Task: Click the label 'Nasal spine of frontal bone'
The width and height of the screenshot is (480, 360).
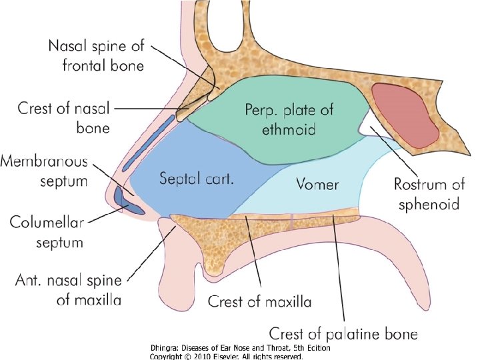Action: pos(95,56)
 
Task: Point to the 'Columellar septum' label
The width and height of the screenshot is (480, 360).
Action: pos(46,231)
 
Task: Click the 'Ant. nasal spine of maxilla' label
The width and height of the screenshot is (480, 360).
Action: pos(69,290)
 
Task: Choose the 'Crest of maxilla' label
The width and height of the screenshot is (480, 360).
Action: pos(259,302)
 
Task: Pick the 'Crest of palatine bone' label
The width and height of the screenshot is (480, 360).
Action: pos(343,332)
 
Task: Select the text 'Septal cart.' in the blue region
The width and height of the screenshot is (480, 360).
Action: pos(195,179)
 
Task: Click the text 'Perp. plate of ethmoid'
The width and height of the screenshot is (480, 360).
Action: pos(289,118)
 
